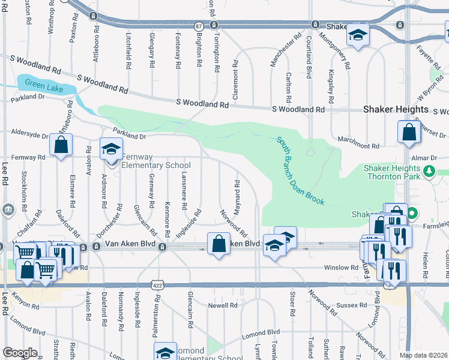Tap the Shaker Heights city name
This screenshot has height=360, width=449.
pyautogui.click(x=396, y=110)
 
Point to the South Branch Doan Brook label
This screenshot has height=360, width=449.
pyautogui.click(x=301, y=171)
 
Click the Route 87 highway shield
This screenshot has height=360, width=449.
pyautogui.click(x=199, y=26)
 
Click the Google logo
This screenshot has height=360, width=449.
pyautogui.click(x=19, y=353)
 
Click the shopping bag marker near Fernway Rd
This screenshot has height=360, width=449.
pyautogui.click(x=61, y=145)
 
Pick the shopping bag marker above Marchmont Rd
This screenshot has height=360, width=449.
pyautogui.click(x=408, y=133)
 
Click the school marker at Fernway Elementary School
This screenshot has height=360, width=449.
pyautogui.click(x=112, y=149)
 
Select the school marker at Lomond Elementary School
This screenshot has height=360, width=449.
pyautogui.click(x=165, y=352)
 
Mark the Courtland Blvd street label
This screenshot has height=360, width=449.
pyautogui.click(x=310, y=64)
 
